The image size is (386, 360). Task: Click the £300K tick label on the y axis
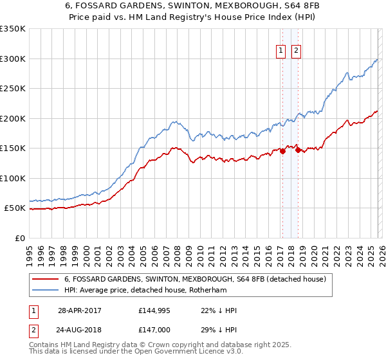[x=13, y=59]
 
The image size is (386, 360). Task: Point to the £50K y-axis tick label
[x=15, y=208]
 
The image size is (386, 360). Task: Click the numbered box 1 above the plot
[x=281, y=51]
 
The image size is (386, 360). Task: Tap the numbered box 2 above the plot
[x=296, y=51]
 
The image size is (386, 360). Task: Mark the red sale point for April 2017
[x=282, y=152]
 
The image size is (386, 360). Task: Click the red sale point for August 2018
[x=297, y=150]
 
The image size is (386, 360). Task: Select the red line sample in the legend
[x=46, y=279]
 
